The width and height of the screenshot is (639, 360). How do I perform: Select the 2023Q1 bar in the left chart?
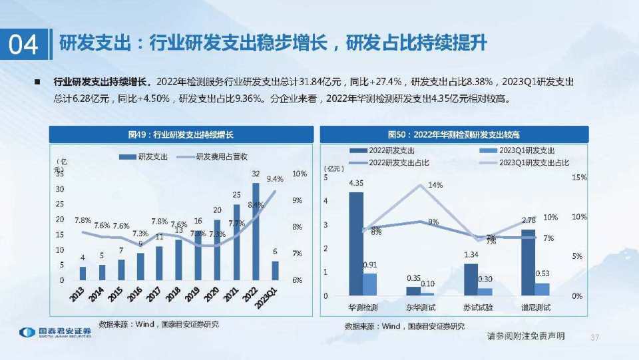(275, 270)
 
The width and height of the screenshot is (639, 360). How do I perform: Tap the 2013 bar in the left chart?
(83, 273)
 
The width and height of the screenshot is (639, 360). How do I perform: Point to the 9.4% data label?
(275, 179)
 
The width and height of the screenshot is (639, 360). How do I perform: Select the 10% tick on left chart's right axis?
(300, 174)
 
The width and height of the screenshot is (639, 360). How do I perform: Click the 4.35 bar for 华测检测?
(357, 244)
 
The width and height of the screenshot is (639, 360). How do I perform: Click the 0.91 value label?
(370, 265)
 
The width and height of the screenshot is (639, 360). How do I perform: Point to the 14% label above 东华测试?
(435, 185)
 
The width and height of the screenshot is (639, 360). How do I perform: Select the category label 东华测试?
(421, 307)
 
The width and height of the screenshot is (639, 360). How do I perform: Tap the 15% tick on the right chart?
(579, 178)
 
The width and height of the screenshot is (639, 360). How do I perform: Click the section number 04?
(23, 44)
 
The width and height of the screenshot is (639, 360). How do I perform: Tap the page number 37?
(595, 337)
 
